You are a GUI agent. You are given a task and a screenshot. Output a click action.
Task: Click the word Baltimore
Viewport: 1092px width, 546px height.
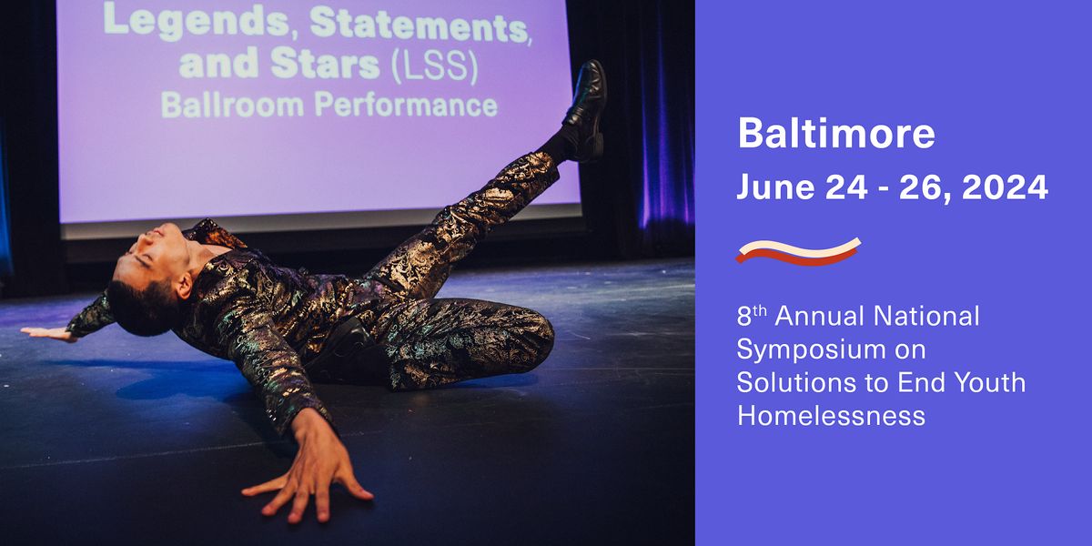click(836, 133)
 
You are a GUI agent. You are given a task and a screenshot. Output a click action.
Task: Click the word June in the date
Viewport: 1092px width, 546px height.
click(775, 187)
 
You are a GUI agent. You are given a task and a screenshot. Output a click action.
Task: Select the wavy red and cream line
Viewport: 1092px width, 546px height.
click(798, 251)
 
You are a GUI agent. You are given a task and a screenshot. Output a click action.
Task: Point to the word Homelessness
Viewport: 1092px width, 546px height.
click(831, 416)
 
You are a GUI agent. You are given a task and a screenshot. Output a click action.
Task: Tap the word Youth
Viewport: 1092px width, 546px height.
click(990, 382)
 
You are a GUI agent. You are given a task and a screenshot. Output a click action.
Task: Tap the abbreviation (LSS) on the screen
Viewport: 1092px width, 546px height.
click(434, 66)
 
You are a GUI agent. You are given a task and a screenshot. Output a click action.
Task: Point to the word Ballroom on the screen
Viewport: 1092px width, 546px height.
click(233, 105)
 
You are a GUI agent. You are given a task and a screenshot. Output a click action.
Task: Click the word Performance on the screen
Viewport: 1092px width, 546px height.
click(406, 106)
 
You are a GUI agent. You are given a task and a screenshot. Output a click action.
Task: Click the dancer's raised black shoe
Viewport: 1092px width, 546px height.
click(585, 110)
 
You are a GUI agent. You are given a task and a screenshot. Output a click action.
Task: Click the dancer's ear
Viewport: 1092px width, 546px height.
click(184, 285)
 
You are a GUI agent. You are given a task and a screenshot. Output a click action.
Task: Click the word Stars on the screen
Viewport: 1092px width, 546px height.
click(325, 64)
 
